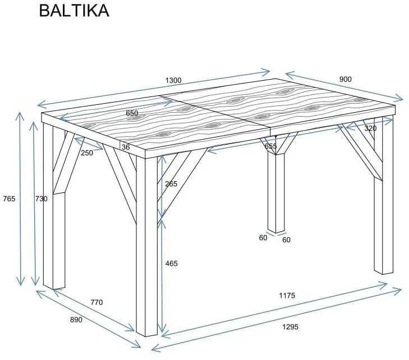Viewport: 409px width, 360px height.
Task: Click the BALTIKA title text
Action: point(73,11)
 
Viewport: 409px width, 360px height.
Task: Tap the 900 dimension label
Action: point(345,79)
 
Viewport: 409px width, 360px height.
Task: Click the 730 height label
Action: point(42,199)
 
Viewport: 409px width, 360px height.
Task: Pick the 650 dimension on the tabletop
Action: point(132,113)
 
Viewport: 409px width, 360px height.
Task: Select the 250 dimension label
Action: point(86,153)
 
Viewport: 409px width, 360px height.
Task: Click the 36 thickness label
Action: point(126,147)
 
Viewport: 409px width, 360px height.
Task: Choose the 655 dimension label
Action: point(270,146)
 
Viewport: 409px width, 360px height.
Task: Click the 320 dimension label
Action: point(370,128)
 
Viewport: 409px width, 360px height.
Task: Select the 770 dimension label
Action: point(96,302)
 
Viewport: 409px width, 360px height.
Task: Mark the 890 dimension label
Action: point(76,320)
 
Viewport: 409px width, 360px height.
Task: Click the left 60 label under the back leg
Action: point(263,238)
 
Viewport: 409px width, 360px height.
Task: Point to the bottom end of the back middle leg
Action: point(276,229)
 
